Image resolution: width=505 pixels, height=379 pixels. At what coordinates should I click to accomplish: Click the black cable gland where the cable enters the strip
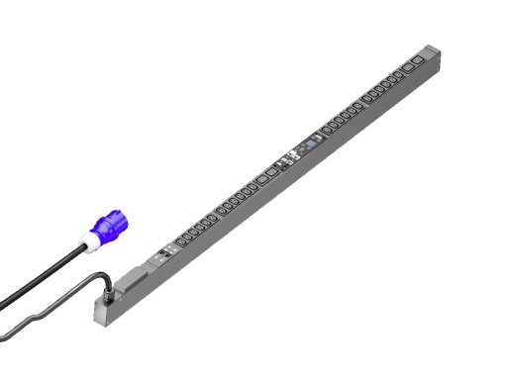tap(102, 293)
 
